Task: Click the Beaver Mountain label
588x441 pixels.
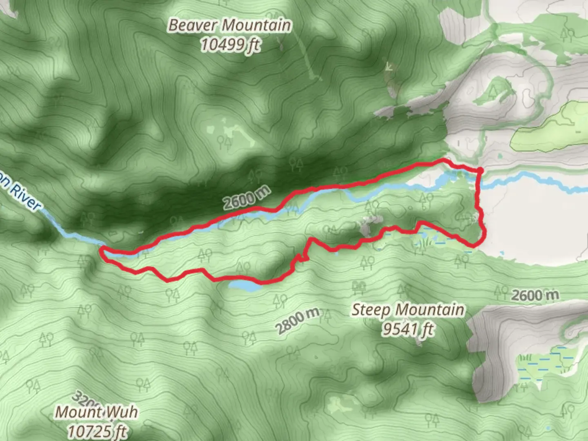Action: tap(230, 25)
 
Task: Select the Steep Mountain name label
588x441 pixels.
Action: tap(408, 310)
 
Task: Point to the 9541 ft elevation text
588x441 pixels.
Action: tap(408, 329)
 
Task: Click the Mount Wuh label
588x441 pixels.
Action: tap(96, 412)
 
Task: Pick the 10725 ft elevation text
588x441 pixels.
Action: tap(97, 430)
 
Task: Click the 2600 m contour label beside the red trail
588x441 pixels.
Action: tap(247, 197)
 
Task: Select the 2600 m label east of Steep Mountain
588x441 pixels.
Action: tap(535, 295)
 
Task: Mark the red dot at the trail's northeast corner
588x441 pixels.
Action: tap(480, 170)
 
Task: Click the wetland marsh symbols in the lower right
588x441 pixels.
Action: tap(543, 363)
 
